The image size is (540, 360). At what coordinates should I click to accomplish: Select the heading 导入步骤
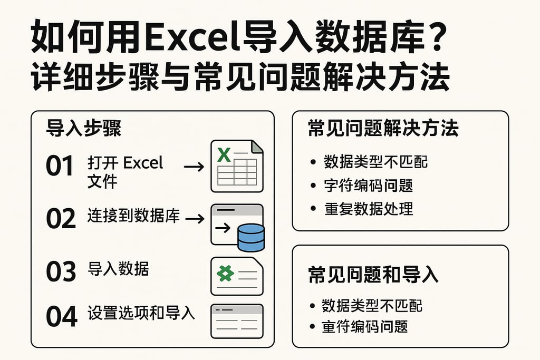(x=84, y=128)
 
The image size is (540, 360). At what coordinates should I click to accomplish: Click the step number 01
(x=60, y=167)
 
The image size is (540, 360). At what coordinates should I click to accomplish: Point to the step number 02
(x=61, y=219)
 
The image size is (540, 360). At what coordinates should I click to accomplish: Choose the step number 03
(x=61, y=271)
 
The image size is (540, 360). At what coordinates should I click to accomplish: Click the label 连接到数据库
(x=133, y=216)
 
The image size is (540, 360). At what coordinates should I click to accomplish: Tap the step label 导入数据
(x=118, y=269)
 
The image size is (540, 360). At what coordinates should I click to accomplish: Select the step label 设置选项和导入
(x=141, y=313)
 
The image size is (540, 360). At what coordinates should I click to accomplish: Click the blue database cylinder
(x=250, y=237)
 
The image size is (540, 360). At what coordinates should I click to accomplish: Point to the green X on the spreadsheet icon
(x=224, y=155)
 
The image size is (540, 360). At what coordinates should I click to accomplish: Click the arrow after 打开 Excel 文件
(x=194, y=167)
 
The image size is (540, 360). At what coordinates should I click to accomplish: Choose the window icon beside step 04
(x=237, y=320)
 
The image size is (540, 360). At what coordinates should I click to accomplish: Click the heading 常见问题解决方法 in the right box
(x=383, y=129)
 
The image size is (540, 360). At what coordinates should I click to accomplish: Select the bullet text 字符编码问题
(x=368, y=185)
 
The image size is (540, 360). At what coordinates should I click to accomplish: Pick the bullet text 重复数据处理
(x=368, y=208)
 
